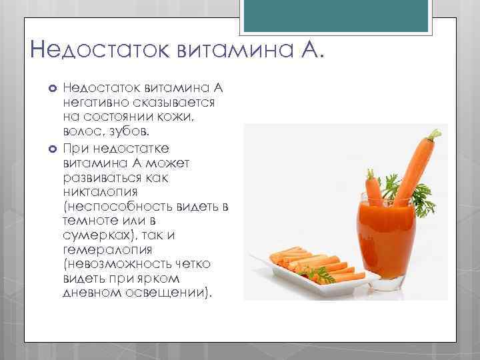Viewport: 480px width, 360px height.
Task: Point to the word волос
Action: (80, 132)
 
